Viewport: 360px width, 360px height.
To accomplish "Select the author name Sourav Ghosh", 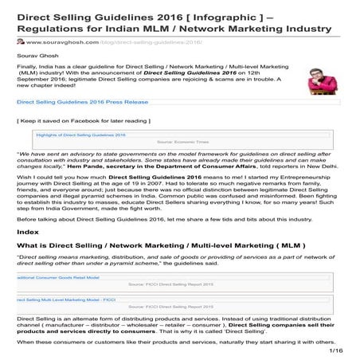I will [x=37, y=59].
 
